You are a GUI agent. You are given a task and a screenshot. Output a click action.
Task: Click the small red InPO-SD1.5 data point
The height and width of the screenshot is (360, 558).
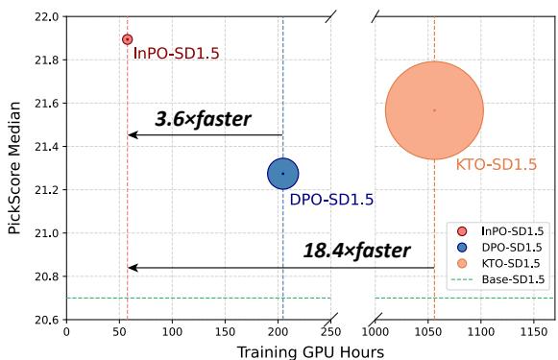pos(127,39)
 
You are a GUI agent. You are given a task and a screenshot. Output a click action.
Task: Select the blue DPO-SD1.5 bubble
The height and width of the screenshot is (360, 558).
pos(282,174)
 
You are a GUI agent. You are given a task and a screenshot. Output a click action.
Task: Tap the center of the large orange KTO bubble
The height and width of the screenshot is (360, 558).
pos(434,110)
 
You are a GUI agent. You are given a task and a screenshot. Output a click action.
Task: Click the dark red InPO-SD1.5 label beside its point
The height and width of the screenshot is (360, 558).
pos(176,54)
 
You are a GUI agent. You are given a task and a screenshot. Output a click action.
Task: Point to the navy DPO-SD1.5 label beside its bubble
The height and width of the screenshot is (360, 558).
pos(331,200)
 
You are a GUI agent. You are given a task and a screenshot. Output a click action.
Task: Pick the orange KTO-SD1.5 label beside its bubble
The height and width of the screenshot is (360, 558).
pos(496,165)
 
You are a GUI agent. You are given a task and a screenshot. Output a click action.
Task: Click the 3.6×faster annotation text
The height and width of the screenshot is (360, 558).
pos(203,120)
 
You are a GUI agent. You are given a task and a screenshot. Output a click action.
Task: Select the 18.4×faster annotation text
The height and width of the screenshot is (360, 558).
pos(356,252)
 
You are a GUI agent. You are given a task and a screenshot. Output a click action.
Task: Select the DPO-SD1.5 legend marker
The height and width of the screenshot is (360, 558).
pos(463,247)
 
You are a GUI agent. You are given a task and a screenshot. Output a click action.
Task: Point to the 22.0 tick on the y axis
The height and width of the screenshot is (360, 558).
pos(47,17)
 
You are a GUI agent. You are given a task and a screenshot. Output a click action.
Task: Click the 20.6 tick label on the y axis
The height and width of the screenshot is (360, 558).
pos(47,320)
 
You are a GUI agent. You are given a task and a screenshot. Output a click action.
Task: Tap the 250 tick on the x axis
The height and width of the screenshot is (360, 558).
pos(330,331)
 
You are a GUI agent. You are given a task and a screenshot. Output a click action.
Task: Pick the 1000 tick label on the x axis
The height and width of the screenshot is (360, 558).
pos(375,331)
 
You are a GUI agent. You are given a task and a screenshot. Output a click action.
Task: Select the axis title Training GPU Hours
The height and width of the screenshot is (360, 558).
pos(310,350)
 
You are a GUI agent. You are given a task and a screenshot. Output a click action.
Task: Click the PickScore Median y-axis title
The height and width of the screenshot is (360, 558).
pos(13,168)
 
